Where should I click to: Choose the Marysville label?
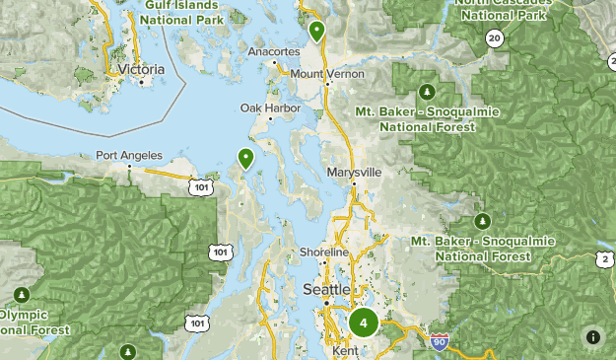pyautogui.click(x=353, y=172)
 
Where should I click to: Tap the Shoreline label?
pyautogui.click(x=324, y=253)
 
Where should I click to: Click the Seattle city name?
pyautogui.click(x=325, y=289)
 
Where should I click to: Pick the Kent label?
pyautogui.click(x=344, y=351)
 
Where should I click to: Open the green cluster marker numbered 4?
pyautogui.click(x=364, y=322)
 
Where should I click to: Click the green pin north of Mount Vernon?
pyautogui.click(x=316, y=31)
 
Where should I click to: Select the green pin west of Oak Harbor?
pyautogui.click(x=244, y=157)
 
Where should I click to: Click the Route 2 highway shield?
pyautogui.click(x=603, y=259)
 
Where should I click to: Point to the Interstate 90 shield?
pyautogui.click(x=440, y=342)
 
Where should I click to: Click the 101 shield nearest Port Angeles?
pyautogui.click(x=202, y=184)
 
